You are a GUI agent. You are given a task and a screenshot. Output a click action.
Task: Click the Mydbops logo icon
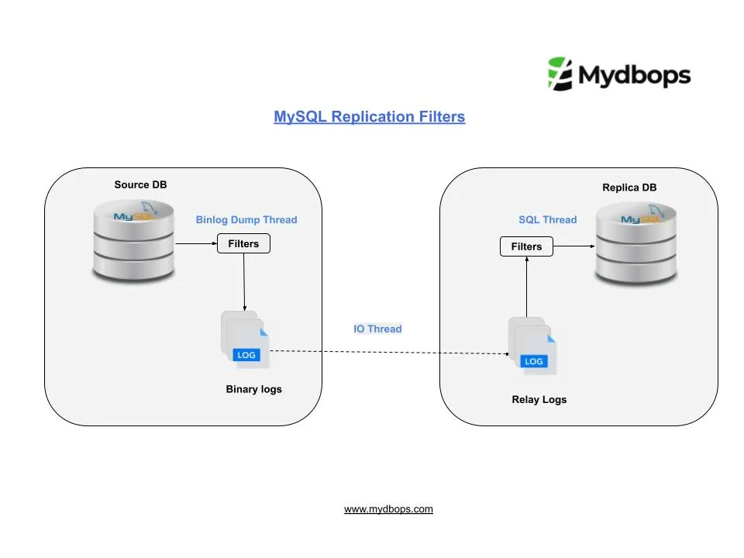[x=560, y=74]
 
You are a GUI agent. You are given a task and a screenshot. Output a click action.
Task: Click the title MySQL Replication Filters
[x=369, y=117]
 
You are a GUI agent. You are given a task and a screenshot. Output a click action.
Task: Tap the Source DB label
[x=140, y=184]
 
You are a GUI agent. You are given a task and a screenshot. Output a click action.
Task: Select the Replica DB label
[x=629, y=188]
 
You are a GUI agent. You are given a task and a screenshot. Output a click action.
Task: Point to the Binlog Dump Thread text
[x=246, y=219]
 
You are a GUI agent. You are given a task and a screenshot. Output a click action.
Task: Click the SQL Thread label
[x=547, y=219]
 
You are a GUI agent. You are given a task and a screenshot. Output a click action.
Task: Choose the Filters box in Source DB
[x=243, y=243]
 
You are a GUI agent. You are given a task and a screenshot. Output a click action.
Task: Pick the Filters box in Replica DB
[x=526, y=246]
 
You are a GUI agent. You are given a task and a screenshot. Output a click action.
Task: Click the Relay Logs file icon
[x=532, y=346]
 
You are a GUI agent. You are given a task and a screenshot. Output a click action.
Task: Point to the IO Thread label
[x=377, y=329]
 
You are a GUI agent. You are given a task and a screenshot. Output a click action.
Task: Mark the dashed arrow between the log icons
[x=387, y=353]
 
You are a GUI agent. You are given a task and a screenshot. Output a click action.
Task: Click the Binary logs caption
[x=253, y=389]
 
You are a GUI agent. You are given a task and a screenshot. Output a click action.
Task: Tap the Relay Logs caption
[x=539, y=400]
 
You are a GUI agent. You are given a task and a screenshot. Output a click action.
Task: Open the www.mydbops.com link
[x=388, y=509]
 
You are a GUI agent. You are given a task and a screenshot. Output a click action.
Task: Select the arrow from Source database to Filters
[x=196, y=243]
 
